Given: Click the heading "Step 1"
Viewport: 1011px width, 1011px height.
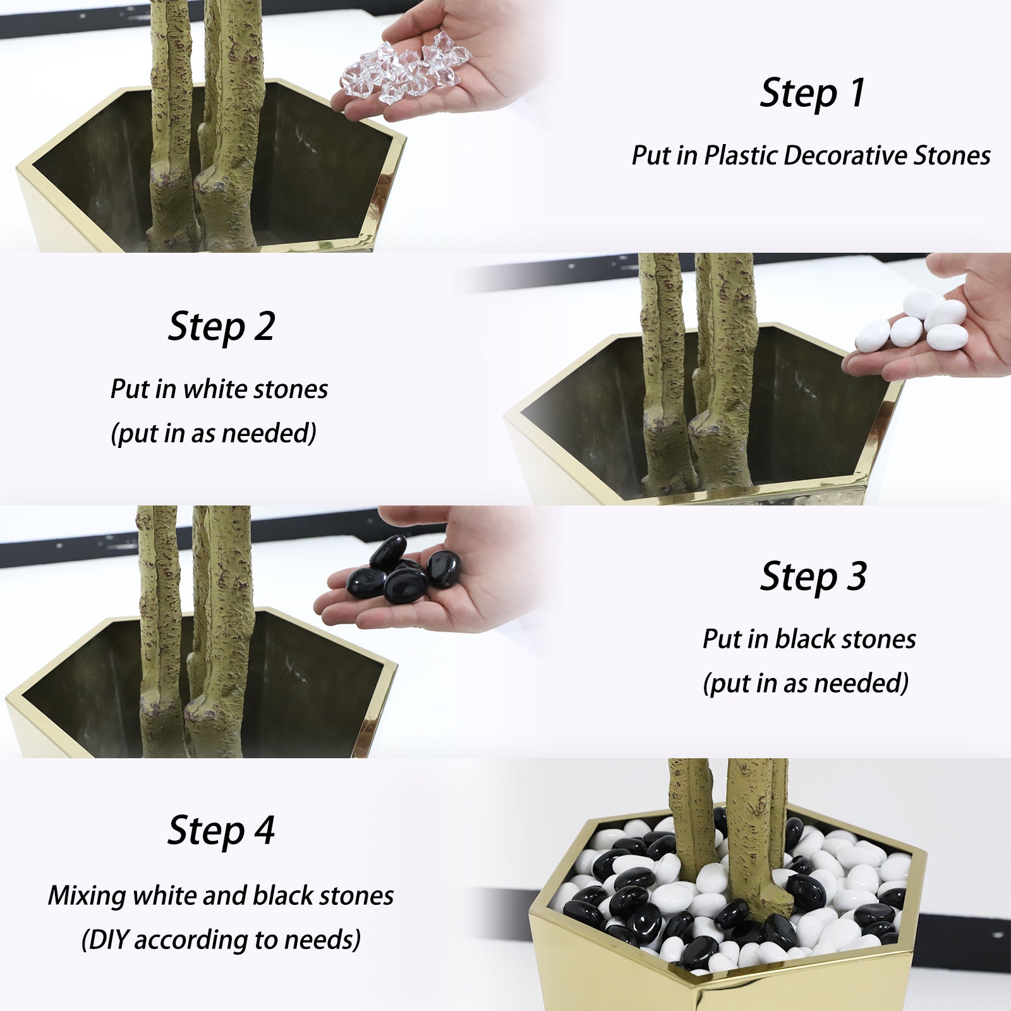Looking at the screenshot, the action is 813,94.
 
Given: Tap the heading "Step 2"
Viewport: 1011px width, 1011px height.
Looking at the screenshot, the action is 221,327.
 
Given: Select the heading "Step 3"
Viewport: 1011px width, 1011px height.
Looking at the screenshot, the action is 813,577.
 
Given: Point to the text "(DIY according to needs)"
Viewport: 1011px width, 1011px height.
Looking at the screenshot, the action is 221,940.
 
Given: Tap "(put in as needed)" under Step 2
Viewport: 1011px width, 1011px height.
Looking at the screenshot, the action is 214,433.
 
